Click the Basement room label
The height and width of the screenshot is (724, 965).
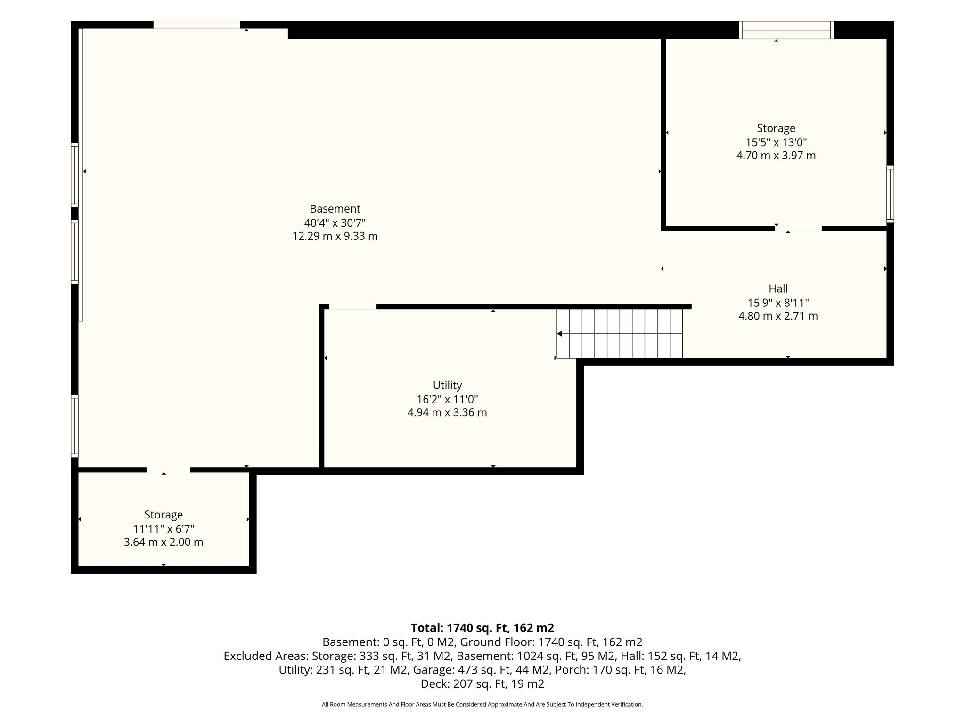tap(335, 209)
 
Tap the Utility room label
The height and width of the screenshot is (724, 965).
tap(447, 386)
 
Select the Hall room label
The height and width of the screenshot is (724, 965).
tap(778, 288)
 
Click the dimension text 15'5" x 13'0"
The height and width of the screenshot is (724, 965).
tap(776, 142)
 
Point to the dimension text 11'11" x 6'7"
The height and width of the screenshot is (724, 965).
tap(164, 529)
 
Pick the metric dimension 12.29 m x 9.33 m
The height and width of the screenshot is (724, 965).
tap(335, 236)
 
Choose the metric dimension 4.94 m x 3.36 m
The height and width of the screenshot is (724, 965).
tap(447, 413)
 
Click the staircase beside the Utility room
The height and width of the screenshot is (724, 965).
tap(620, 333)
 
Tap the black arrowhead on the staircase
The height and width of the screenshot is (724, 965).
tap(560, 334)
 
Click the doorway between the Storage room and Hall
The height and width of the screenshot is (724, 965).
tap(798, 229)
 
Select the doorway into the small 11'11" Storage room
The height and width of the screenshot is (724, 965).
tap(169, 470)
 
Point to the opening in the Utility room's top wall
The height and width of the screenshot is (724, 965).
tap(353, 307)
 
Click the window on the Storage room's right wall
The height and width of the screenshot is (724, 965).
tap(890, 194)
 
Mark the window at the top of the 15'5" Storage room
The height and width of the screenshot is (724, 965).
tap(786, 30)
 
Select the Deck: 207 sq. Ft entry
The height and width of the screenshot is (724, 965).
tap(482, 683)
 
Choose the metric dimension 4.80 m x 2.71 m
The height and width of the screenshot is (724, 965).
tap(778, 316)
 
